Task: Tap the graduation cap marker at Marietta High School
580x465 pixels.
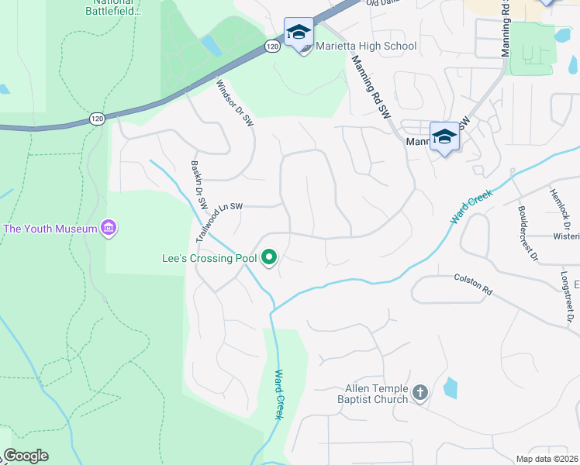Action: [299, 33]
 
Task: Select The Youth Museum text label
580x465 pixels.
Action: [50, 229]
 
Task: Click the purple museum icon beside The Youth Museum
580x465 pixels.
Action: [109, 228]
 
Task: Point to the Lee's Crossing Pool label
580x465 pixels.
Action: [209, 257]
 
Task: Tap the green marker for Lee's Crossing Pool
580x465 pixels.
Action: [270, 257]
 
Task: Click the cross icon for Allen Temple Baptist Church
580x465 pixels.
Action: [420, 393]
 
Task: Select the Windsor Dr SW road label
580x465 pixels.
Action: [235, 103]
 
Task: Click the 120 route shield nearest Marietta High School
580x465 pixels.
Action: [271, 46]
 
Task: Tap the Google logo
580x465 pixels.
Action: [25, 456]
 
